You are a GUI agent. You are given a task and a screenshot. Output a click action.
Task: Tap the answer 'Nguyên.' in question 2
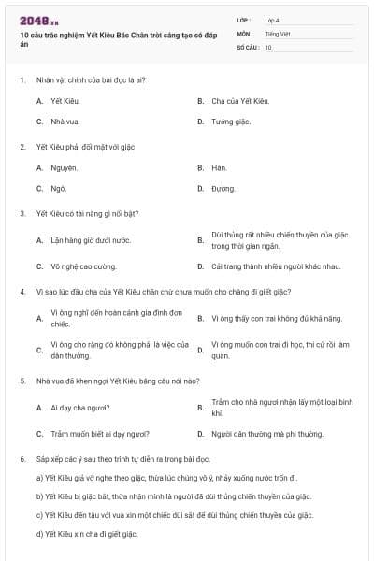coord(64,168)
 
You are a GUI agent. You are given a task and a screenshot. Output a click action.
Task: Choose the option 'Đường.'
coord(223,189)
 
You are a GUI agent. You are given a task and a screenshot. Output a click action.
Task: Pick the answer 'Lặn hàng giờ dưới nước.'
coord(90,240)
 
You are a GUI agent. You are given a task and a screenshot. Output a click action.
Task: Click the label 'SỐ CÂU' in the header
coord(247,47)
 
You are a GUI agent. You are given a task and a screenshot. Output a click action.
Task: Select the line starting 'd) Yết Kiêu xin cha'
coord(86,534)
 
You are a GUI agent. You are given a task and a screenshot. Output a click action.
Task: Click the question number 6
coord(22,459)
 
